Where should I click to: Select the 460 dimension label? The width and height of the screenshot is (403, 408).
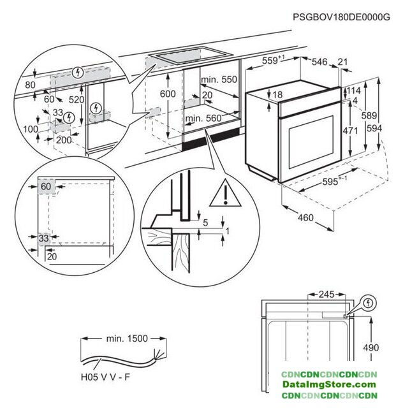tap(305, 218)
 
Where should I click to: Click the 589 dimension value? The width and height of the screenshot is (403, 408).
tap(379, 117)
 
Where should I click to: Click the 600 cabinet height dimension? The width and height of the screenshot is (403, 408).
tap(167, 94)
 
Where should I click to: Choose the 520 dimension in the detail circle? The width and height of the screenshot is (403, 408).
tap(77, 100)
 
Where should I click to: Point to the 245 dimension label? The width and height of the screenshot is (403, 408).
tap(328, 295)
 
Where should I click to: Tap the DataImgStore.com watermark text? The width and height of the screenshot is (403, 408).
tap(330, 384)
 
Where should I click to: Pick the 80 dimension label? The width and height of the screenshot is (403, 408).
tap(30, 84)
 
